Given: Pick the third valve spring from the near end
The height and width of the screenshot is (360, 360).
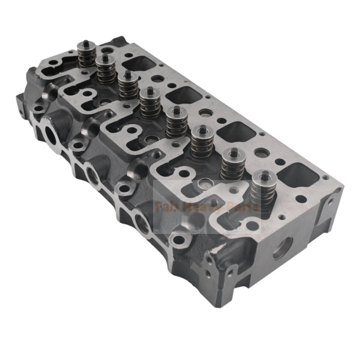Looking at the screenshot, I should coord(201,143).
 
